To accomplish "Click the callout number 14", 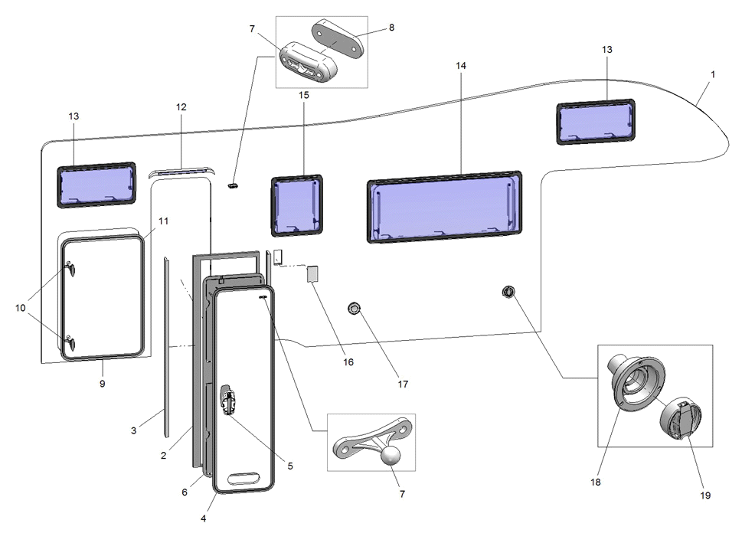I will (x=460, y=67).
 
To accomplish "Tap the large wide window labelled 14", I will (x=445, y=206).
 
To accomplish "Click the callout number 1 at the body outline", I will (x=713, y=74).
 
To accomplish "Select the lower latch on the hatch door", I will (x=70, y=342).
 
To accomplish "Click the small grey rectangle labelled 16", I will (x=313, y=273).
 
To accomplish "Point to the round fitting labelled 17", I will (x=353, y=308).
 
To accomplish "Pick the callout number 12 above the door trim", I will (x=181, y=107).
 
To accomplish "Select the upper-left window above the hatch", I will (x=96, y=185).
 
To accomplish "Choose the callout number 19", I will (x=704, y=496).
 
